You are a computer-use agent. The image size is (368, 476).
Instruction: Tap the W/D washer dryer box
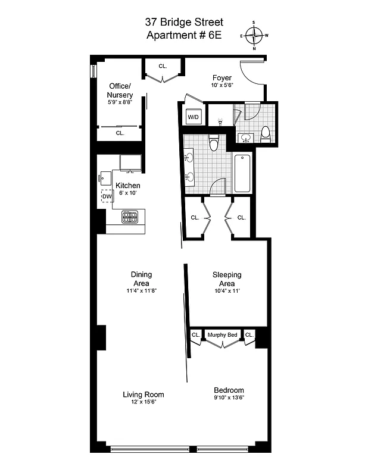194,117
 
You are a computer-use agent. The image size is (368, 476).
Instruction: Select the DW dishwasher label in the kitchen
107,196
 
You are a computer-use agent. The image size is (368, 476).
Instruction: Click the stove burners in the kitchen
130,217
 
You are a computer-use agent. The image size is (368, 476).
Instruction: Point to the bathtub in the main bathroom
242,173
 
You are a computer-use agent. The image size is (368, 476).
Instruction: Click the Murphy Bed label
223,335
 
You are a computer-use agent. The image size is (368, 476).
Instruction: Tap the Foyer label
222,78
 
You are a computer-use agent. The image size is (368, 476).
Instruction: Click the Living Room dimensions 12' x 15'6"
143,402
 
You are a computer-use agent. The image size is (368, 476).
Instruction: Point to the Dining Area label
142,278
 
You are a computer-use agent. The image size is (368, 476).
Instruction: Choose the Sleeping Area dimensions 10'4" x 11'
227,291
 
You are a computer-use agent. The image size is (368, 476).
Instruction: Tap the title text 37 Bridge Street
184,22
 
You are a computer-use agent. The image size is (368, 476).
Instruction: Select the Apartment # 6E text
184,35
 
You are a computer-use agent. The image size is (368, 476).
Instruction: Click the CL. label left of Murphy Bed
196,335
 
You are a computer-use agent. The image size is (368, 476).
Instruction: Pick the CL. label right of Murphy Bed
250,335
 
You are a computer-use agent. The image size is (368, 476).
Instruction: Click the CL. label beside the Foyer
163,66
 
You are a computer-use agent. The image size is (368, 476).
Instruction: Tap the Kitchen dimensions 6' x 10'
127,193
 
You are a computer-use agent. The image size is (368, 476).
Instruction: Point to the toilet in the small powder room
266,134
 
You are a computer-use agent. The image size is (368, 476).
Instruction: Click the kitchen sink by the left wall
103,177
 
